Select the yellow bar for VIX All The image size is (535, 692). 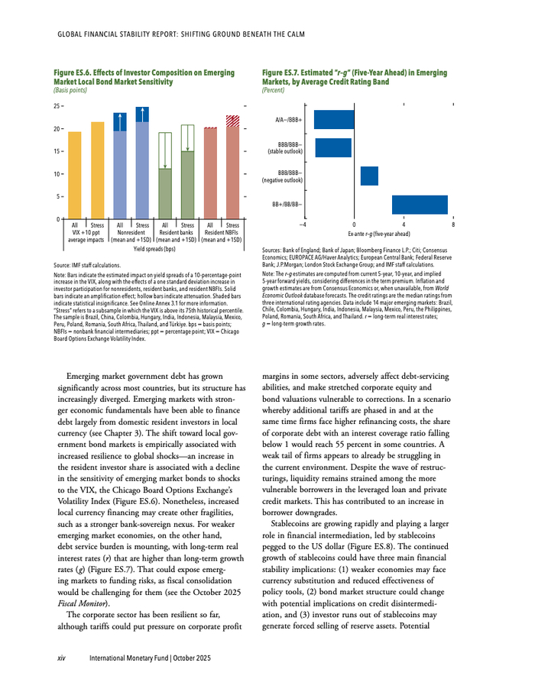(75, 176)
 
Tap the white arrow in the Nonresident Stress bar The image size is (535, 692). (143, 114)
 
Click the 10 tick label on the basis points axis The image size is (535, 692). (57, 174)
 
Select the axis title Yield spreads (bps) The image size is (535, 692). (154, 249)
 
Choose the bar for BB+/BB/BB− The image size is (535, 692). (419, 204)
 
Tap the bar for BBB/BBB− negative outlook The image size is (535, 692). (369, 176)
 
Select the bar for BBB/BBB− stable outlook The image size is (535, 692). (333, 147)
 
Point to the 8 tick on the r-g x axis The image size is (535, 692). (453, 225)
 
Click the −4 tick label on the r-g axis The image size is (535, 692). (303, 225)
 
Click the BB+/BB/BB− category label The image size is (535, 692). (287, 204)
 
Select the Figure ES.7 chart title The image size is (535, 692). (354, 76)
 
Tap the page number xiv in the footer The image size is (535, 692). (64, 658)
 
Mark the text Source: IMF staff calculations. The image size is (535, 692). (88, 264)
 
